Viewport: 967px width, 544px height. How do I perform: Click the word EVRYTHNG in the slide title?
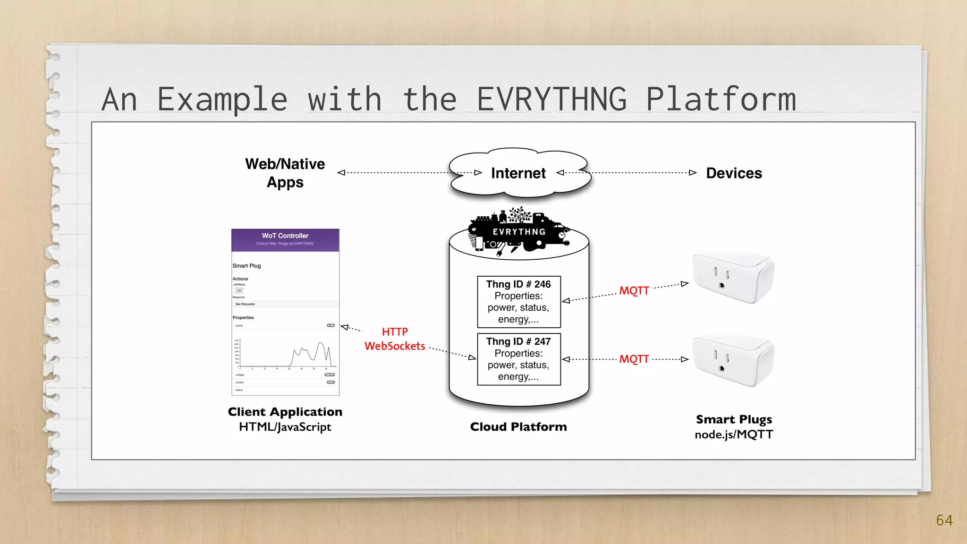[551, 100]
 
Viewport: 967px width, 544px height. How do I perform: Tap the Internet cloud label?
[518, 173]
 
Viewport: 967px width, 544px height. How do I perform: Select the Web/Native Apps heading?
[285, 173]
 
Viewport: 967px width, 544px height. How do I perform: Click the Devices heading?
[734, 173]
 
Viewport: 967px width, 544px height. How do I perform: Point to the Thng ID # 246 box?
[518, 302]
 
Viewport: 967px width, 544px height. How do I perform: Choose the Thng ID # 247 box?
[518, 359]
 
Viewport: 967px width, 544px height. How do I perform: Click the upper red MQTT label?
[634, 290]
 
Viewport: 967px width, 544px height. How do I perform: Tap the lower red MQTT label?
[634, 359]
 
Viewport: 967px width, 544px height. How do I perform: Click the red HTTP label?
[395, 332]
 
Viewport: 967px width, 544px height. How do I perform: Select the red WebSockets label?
[395, 346]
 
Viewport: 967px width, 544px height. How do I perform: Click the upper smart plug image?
[733, 278]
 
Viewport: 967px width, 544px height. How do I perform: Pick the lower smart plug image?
[733, 361]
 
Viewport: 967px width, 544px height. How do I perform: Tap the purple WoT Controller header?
[285, 240]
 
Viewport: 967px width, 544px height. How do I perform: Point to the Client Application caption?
[285, 412]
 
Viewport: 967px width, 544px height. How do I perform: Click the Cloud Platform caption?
[518, 427]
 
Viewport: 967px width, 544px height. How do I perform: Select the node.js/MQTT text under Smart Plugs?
[734, 434]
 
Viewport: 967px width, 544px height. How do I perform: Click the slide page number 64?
[944, 520]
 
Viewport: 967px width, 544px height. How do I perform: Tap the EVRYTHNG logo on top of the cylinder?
[518, 231]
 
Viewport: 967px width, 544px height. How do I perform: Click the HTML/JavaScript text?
[285, 427]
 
